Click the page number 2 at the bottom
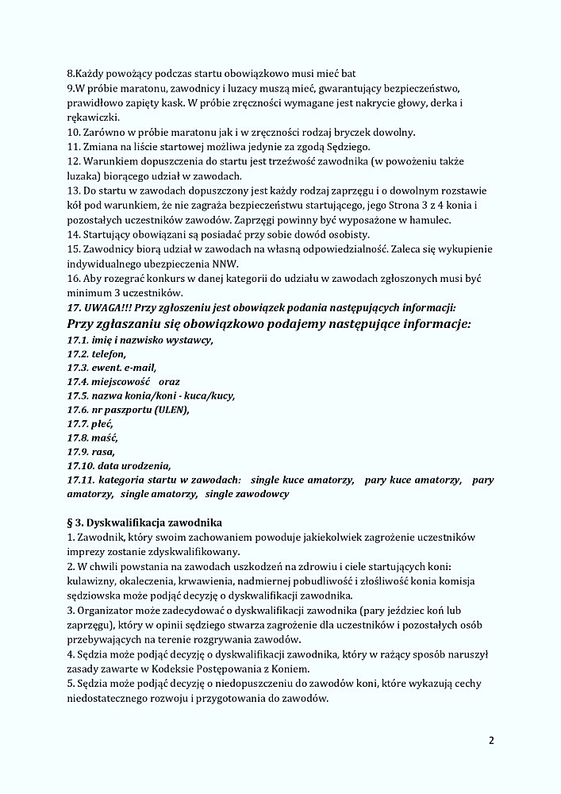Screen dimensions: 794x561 click(x=491, y=742)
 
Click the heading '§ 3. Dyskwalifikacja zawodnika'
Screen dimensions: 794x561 click(x=144, y=522)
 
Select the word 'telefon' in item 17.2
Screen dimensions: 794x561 click(x=108, y=353)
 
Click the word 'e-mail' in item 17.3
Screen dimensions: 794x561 click(x=137, y=368)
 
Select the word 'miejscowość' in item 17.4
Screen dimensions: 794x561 click(x=121, y=382)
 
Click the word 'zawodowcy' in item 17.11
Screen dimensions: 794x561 click(x=263, y=494)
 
